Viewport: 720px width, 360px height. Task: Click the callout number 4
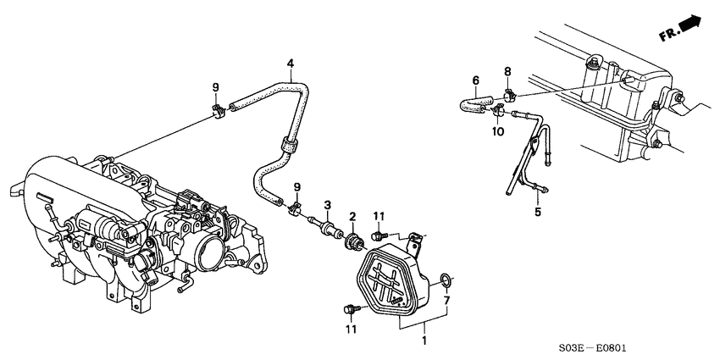pos(291,64)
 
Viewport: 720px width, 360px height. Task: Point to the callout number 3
pos(327,204)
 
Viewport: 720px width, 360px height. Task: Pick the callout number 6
pos(476,80)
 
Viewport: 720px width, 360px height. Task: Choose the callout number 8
pos(508,71)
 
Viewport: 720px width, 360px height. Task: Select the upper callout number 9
pos(215,87)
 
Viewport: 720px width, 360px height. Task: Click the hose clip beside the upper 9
pos(218,108)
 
